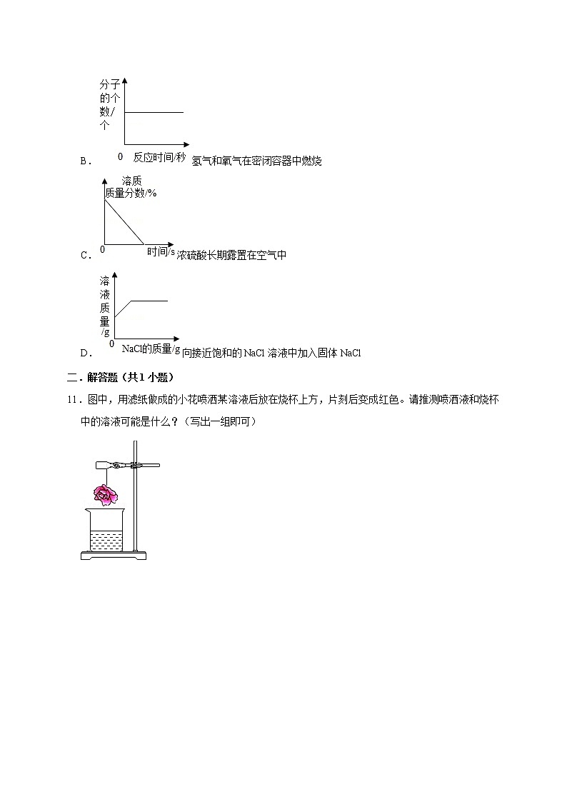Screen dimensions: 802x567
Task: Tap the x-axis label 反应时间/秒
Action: (159, 157)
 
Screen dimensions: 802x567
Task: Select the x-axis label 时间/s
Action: (161, 251)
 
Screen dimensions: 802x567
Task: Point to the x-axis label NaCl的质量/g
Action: (151, 349)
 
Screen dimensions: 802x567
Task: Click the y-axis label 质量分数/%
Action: (131, 193)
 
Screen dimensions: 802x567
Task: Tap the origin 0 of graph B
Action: (120, 156)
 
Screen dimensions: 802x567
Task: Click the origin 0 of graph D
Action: (111, 344)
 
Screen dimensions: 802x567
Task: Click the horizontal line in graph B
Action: (154, 112)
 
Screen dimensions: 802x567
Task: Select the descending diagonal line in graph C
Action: (124, 221)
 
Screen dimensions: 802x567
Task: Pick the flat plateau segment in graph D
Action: (149, 301)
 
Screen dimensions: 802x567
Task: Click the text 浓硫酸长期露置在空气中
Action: (231, 255)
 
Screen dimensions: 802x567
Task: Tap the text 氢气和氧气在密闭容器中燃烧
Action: (257, 161)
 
